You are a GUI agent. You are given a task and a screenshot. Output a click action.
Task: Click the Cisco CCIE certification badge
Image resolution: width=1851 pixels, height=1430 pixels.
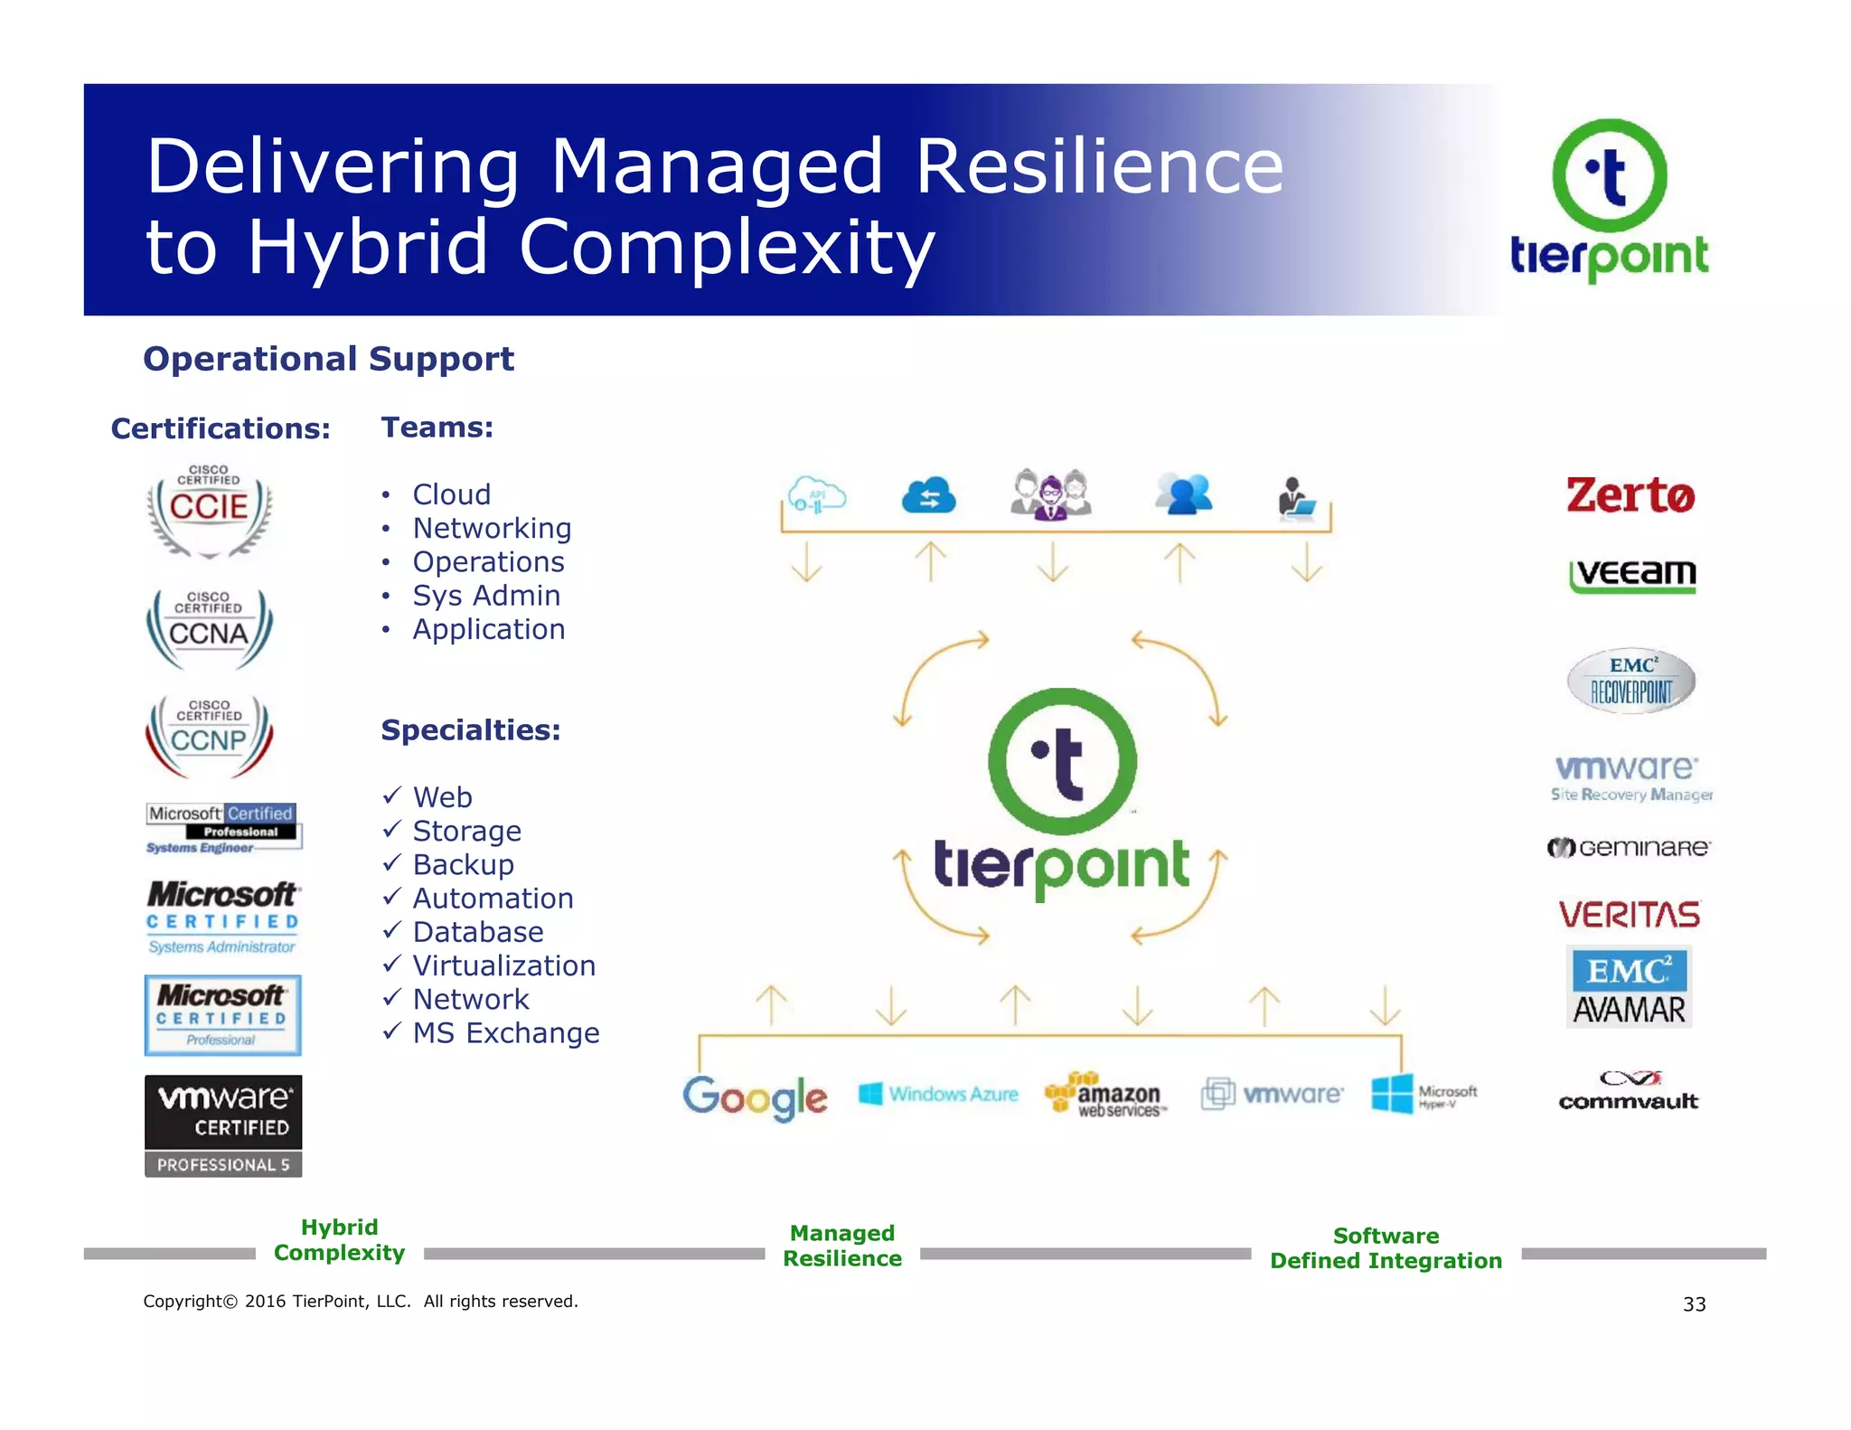[x=209, y=511]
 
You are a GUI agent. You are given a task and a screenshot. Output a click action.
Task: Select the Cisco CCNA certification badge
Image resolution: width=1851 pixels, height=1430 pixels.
[x=209, y=627]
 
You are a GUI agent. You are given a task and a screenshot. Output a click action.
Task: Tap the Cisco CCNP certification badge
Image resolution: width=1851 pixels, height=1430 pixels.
[x=209, y=736]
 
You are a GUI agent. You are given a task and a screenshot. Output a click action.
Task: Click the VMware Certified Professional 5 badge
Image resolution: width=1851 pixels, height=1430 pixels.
[x=223, y=1125]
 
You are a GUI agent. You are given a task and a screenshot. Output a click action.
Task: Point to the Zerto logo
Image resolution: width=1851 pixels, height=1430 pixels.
[x=1630, y=495]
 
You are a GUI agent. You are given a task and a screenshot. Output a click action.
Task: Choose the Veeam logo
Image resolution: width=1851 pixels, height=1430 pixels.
[x=1632, y=575]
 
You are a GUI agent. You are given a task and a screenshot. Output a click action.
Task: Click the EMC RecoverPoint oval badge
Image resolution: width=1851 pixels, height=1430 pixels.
[x=1630, y=681]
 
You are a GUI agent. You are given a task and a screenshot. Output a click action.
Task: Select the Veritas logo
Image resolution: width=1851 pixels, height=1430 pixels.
[x=1630, y=915]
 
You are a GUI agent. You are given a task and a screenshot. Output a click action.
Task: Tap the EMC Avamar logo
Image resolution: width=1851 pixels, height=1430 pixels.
[x=1629, y=987]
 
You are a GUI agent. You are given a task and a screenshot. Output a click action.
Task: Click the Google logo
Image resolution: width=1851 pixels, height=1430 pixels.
[x=755, y=1096]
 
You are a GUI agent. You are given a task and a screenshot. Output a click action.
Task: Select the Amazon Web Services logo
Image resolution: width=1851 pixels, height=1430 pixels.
[x=1105, y=1095]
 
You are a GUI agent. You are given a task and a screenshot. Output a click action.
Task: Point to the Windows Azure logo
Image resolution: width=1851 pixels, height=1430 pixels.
[x=938, y=1094]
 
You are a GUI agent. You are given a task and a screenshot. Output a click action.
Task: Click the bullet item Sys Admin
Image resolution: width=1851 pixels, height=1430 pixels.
[x=486, y=596]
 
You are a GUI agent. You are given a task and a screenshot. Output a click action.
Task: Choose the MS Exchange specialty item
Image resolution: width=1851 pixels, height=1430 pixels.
[x=505, y=1033]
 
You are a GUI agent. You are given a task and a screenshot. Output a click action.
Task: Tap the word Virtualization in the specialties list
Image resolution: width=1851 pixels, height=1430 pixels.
[x=503, y=965]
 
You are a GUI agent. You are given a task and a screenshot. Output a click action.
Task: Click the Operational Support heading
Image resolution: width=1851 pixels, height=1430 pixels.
[x=329, y=359]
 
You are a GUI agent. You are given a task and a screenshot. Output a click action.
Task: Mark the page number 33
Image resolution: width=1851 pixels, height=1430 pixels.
[x=1694, y=1303]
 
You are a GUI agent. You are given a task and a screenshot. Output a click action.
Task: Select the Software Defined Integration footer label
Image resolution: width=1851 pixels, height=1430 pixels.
[x=1386, y=1248]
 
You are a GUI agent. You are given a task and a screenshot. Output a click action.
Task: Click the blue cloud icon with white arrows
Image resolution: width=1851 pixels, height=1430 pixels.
[x=928, y=495]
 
